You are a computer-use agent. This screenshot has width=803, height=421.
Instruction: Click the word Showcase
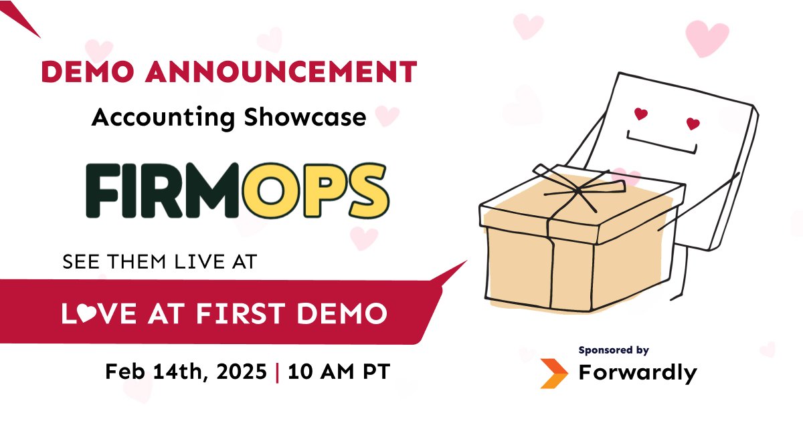[x=304, y=118]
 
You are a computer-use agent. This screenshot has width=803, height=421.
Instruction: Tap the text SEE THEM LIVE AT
[x=159, y=262]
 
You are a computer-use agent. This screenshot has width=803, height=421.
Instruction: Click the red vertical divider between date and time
[x=278, y=372]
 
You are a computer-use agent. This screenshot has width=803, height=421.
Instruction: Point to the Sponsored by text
[x=614, y=349]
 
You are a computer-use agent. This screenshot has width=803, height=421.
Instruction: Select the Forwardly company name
[x=637, y=373]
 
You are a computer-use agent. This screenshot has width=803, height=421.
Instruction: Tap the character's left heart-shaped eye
[x=641, y=114]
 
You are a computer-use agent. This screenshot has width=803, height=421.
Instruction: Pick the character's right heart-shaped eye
[x=693, y=124]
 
